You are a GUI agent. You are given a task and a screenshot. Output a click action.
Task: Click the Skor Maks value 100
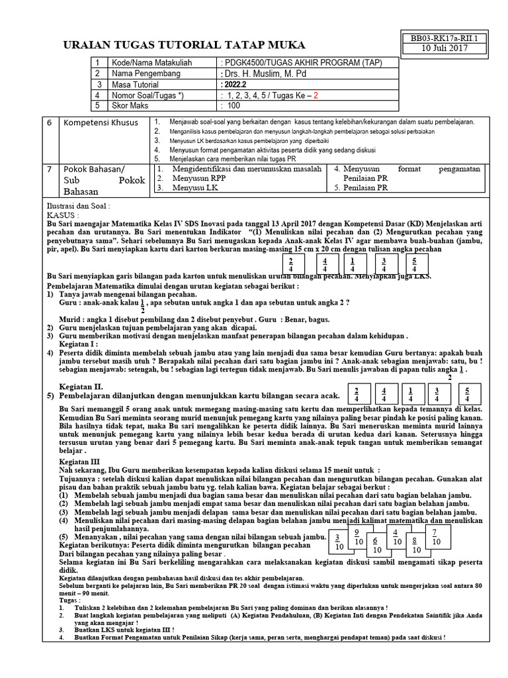pyautogui.click(x=234, y=105)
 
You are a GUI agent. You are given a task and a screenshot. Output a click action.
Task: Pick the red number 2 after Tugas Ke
pyautogui.click(x=316, y=95)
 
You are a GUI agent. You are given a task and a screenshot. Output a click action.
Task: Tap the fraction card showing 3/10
pyautogui.click(x=337, y=542)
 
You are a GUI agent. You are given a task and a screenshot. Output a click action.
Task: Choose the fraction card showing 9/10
pyautogui.click(x=357, y=536)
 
